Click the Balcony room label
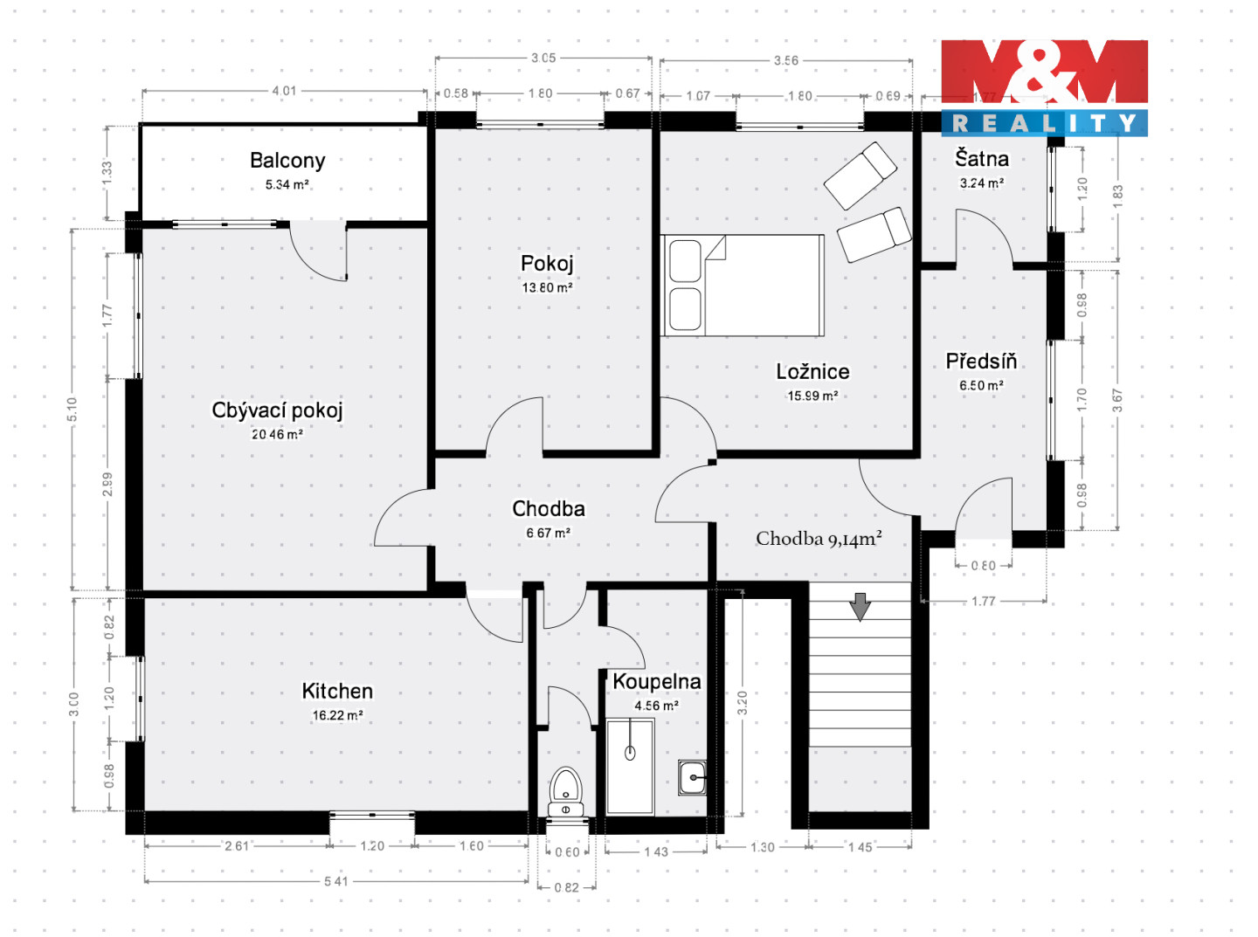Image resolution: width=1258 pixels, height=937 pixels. pyautogui.click(x=287, y=161)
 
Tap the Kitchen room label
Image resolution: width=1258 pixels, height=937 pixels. pyautogui.click(x=337, y=691)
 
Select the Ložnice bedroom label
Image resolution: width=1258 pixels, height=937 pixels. pyautogui.click(x=812, y=371)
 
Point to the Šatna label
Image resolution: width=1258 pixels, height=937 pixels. pyautogui.click(x=982, y=158)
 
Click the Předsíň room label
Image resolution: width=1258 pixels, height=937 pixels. pyautogui.click(x=981, y=361)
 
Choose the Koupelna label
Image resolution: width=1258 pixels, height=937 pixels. pyautogui.click(x=657, y=681)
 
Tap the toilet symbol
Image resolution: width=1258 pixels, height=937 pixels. pyautogui.click(x=565, y=792)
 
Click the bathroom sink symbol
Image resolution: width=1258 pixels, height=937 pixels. pyautogui.click(x=692, y=777)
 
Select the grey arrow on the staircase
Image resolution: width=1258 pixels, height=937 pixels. pyautogui.click(x=861, y=607)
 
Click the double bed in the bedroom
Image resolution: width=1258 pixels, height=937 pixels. pyautogui.click(x=743, y=286)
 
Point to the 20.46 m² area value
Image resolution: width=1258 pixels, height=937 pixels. pyautogui.click(x=277, y=435)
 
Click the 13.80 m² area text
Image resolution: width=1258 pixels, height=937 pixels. pyautogui.click(x=547, y=287)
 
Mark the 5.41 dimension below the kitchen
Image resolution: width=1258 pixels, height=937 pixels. pyautogui.click(x=336, y=881)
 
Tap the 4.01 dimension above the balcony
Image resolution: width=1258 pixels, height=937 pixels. pyautogui.click(x=284, y=91)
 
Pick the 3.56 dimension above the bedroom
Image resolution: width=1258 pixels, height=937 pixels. pyautogui.click(x=786, y=60)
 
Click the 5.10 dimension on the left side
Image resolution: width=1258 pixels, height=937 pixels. pyautogui.click(x=72, y=410)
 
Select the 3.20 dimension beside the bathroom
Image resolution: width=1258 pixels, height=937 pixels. pyautogui.click(x=743, y=703)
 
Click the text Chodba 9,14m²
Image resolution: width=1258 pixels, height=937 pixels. pyautogui.click(x=819, y=538)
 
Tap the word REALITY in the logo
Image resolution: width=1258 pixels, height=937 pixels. pyautogui.click(x=1044, y=123)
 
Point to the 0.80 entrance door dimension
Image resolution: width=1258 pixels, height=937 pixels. pyautogui.click(x=984, y=566)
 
